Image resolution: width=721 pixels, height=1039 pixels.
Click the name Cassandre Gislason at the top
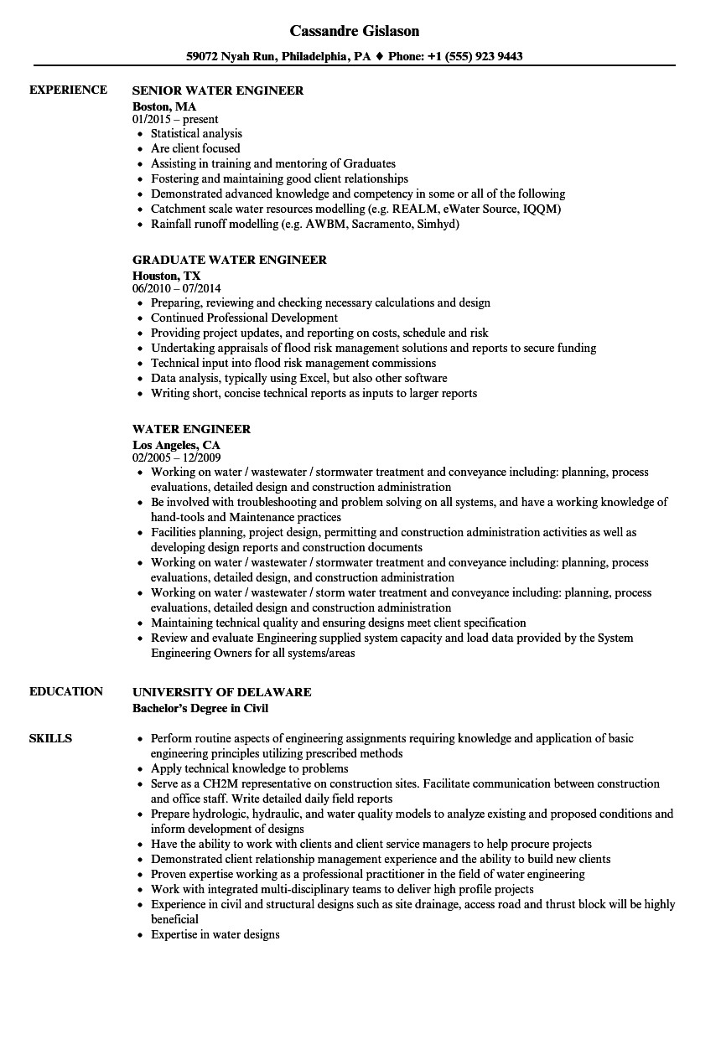(355, 31)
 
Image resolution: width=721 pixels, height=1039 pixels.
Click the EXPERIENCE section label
(68, 90)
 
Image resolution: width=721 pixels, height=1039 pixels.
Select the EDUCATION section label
(66, 692)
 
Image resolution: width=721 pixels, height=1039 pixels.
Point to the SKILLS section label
(50, 739)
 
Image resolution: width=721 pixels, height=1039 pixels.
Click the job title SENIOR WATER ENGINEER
(218, 90)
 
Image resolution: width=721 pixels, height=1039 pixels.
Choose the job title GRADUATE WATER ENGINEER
(230, 260)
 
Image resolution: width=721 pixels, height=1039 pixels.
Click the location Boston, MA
(164, 106)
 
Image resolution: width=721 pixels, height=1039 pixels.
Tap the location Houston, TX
(167, 276)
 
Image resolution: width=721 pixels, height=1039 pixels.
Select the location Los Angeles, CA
(176, 445)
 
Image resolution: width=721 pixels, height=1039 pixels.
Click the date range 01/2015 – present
(175, 120)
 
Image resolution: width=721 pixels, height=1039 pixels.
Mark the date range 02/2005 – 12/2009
(177, 458)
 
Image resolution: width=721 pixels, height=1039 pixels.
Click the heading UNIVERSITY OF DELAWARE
(222, 692)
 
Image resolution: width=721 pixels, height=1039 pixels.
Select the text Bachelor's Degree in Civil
(200, 708)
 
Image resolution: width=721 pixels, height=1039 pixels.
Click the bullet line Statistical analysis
(196, 134)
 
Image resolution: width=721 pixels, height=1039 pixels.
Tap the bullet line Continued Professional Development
(244, 318)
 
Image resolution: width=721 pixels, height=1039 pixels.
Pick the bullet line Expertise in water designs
(215, 935)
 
